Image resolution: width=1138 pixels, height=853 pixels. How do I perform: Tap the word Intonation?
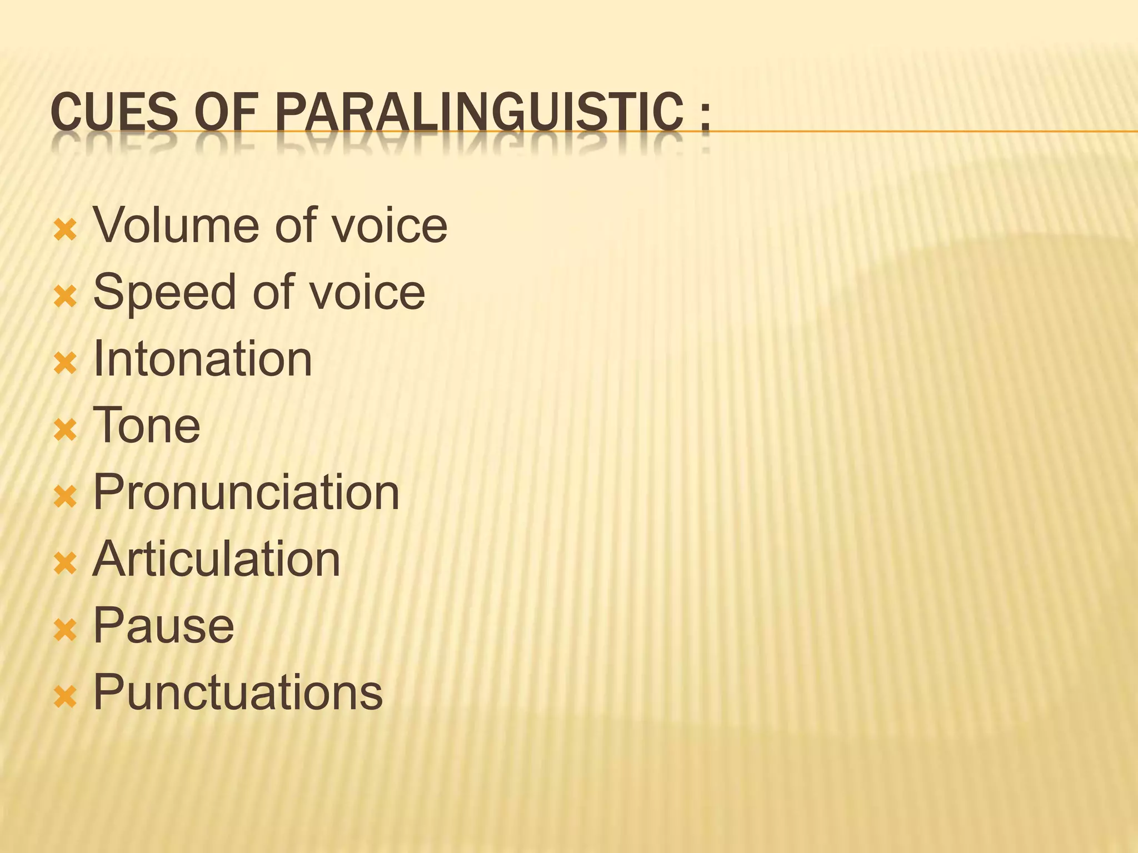(x=202, y=359)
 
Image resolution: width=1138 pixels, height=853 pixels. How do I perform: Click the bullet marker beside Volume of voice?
(x=65, y=229)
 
